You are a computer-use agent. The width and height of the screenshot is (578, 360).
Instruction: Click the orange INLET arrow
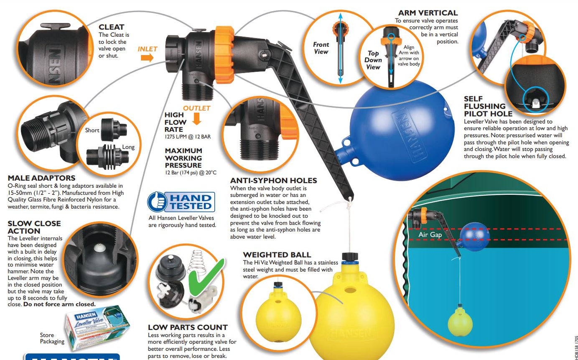(147, 58)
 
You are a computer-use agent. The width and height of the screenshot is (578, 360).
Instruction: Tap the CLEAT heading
(111, 27)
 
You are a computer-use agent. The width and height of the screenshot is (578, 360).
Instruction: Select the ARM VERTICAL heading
(428, 13)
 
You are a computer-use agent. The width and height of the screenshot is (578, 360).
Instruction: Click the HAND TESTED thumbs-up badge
(181, 202)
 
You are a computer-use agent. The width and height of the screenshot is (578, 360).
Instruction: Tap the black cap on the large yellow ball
(348, 257)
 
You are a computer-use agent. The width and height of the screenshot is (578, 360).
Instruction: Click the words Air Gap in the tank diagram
(430, 235)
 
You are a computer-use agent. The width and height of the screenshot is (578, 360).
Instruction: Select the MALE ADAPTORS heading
(41, 178)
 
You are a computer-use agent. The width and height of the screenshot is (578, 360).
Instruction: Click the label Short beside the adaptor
(92, 130)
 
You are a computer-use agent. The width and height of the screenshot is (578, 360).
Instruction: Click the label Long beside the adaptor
(128, 147)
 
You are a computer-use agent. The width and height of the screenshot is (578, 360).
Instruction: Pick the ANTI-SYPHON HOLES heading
(273, 181)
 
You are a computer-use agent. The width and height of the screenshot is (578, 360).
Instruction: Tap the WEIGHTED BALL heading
(277, 255)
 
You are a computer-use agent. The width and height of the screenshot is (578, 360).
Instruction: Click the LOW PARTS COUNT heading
(188, 327)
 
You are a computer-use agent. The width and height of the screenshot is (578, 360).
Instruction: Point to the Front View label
(321, 48)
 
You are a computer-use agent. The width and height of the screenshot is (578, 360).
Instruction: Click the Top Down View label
(373, 60)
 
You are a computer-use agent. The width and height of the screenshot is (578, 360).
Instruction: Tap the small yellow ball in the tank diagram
(460, 323)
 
